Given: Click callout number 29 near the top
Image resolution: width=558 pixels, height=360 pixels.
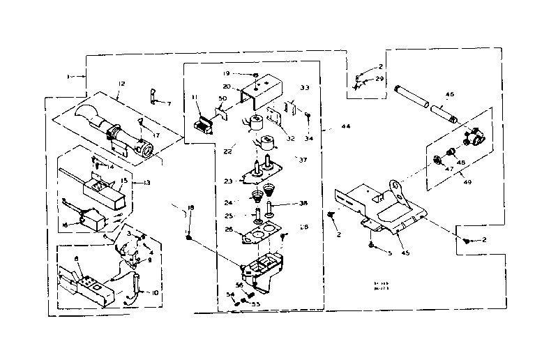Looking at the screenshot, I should point(380,79).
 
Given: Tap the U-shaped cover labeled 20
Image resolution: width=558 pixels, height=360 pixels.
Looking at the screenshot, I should point(257,94).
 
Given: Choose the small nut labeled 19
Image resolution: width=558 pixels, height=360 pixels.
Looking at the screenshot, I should point(257,74).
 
